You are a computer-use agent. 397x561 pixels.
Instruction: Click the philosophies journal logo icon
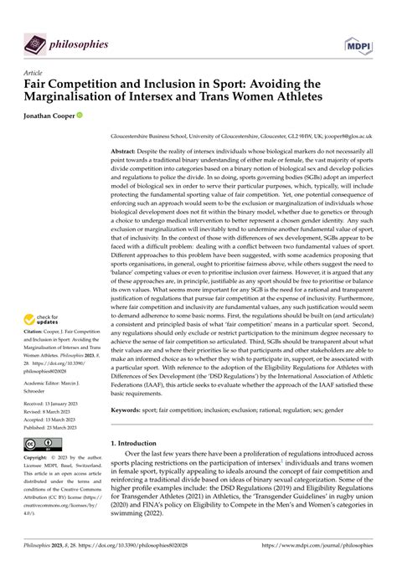[34, 43]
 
